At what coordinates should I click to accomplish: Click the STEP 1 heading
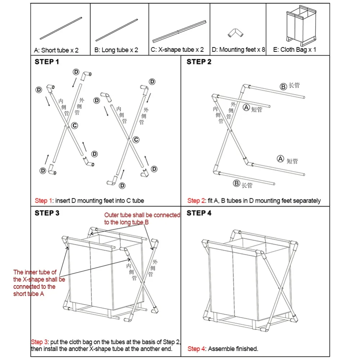click(47, 62)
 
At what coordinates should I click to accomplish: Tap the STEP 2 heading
click(199, 62)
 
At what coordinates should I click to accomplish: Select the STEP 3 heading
click(47, 213)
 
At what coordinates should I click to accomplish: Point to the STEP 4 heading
click(199, 213)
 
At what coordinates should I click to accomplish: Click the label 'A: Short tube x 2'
click(56, 50)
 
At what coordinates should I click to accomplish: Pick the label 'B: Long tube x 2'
click(116, 50)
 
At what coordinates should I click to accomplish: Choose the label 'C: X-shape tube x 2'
click(177, 50)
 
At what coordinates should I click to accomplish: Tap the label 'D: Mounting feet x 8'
click(238, 50)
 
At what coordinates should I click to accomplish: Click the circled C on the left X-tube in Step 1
click(75, 125)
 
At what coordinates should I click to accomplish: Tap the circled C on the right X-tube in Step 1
click(136, 140)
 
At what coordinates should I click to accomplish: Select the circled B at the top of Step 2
click(283, 86)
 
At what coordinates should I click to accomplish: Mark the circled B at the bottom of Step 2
click(237, 184)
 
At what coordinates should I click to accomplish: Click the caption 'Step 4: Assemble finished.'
click(222, 348)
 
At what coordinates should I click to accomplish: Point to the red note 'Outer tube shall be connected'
click(142, 215)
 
